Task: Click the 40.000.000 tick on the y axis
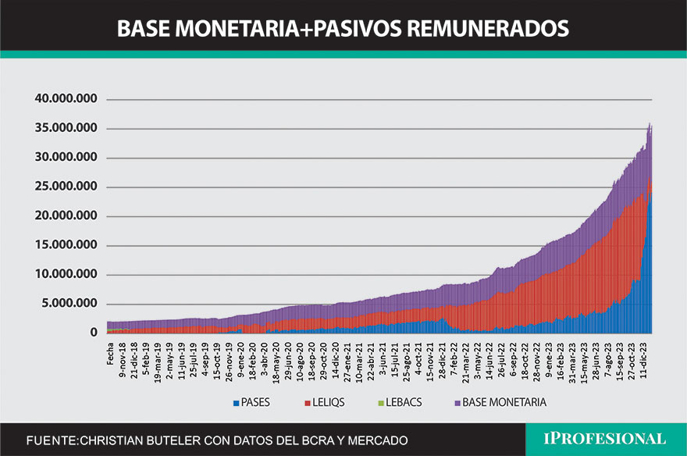click(66, 99)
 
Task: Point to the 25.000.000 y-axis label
click(66, 187)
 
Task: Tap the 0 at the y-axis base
click(94, 333)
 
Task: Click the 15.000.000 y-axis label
click(66, 245)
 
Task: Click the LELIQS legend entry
click(326, 402)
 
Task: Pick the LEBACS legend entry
click(398, 402)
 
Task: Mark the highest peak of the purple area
click(650, 123)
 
